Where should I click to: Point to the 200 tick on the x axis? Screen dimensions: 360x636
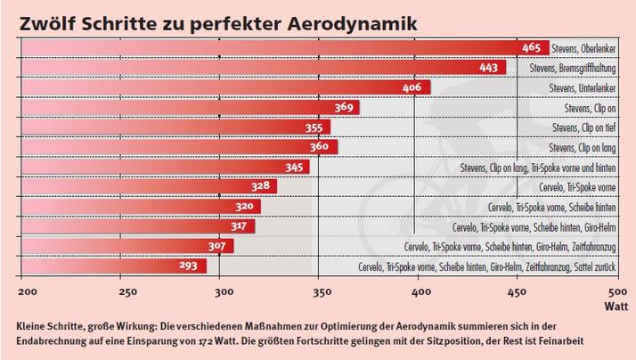pyautogui.click(x=26, y=291)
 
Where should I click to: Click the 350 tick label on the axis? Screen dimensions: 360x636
pyautogui.click(x=320, y=291)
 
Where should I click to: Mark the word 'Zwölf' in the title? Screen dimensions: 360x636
pyautogui.click(x=49, y=19)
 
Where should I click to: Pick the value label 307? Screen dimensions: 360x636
pyautogui.click(x=220, y=246)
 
